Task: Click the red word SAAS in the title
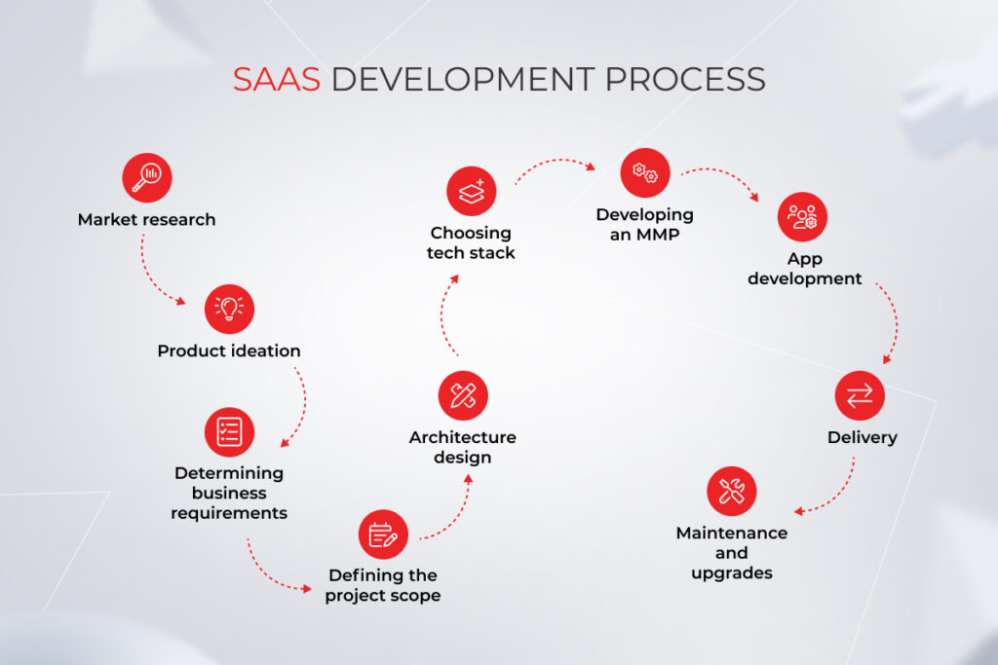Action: (x=276, y=79)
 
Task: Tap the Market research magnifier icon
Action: (x=146, y=177)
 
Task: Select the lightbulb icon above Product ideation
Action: (x=229, y=309)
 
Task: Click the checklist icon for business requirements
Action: (x=229, y=431)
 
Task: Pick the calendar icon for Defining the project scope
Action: (x=382, y=534)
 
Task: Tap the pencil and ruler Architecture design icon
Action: (x=462, y=395)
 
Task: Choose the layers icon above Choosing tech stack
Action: (x=472, y=191)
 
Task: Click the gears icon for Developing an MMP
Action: (x=645, y=172)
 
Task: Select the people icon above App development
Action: (x=802, y=216)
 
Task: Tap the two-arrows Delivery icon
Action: (x=861, y=395)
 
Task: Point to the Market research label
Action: (x=146, y=220)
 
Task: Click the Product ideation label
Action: (x=229, y=351)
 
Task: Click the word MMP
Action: (x=658, y=235)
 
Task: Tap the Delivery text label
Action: (x=862, y=437)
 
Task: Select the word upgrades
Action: (x=731, y=573)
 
